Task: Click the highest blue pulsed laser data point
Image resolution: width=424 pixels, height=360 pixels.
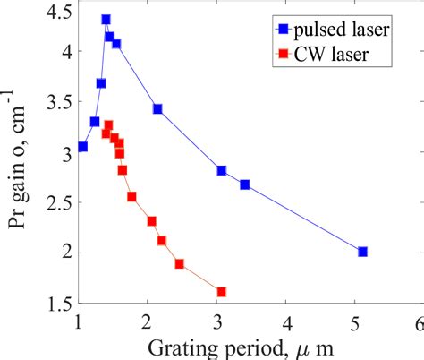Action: point(106,19)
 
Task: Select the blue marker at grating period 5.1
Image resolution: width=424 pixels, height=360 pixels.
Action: point(362,252)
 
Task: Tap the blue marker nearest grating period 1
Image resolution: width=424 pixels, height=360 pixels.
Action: point(82,147)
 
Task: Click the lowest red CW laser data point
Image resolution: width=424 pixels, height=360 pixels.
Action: point(221,292)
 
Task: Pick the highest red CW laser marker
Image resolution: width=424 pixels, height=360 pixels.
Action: point(108,125)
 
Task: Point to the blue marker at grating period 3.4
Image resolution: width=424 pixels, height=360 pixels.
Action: point(244,184)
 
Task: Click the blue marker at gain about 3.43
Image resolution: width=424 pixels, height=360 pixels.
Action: point(157,109)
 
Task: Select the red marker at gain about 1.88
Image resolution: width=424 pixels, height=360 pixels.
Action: point(179,264)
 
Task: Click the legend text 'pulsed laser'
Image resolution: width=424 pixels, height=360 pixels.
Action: point(344,30)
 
